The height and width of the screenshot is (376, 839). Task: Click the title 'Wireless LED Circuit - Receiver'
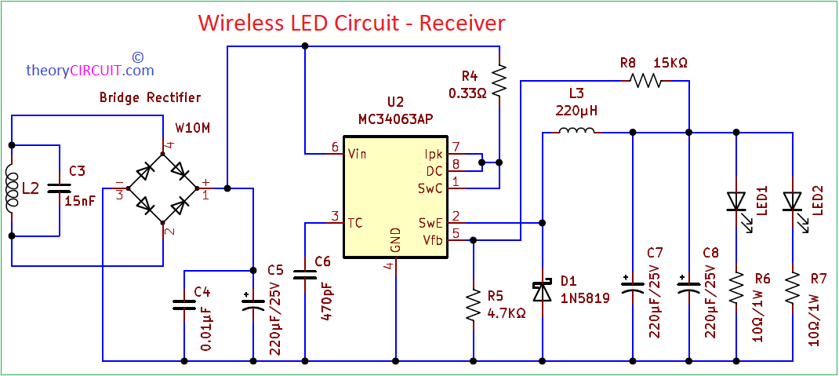(351, 23)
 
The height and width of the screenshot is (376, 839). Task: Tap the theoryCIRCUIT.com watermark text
(90, 70)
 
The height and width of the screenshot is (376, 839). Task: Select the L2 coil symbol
(12, 189)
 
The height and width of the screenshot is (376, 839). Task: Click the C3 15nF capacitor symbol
(59, 188)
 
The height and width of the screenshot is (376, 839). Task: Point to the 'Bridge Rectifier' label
(150, 98)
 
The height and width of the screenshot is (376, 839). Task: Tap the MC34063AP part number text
(395, 118)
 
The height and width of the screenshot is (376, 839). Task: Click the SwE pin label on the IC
(430, 223)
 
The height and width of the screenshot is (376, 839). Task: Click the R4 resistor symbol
(499, 78)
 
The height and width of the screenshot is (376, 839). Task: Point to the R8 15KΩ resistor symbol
(648, 80)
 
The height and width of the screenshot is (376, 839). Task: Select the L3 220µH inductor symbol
(576, 132)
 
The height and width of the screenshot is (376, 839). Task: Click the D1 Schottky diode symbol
(542, 291)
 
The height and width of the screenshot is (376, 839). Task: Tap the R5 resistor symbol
(474, 306)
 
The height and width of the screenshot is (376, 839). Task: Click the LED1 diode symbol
(736, 202)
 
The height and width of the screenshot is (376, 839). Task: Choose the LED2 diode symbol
(793, 202)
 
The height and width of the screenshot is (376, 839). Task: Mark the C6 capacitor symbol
(304, 275)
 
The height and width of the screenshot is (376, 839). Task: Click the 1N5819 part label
(585, 298)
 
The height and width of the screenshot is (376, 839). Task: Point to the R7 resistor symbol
(793, 289)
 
